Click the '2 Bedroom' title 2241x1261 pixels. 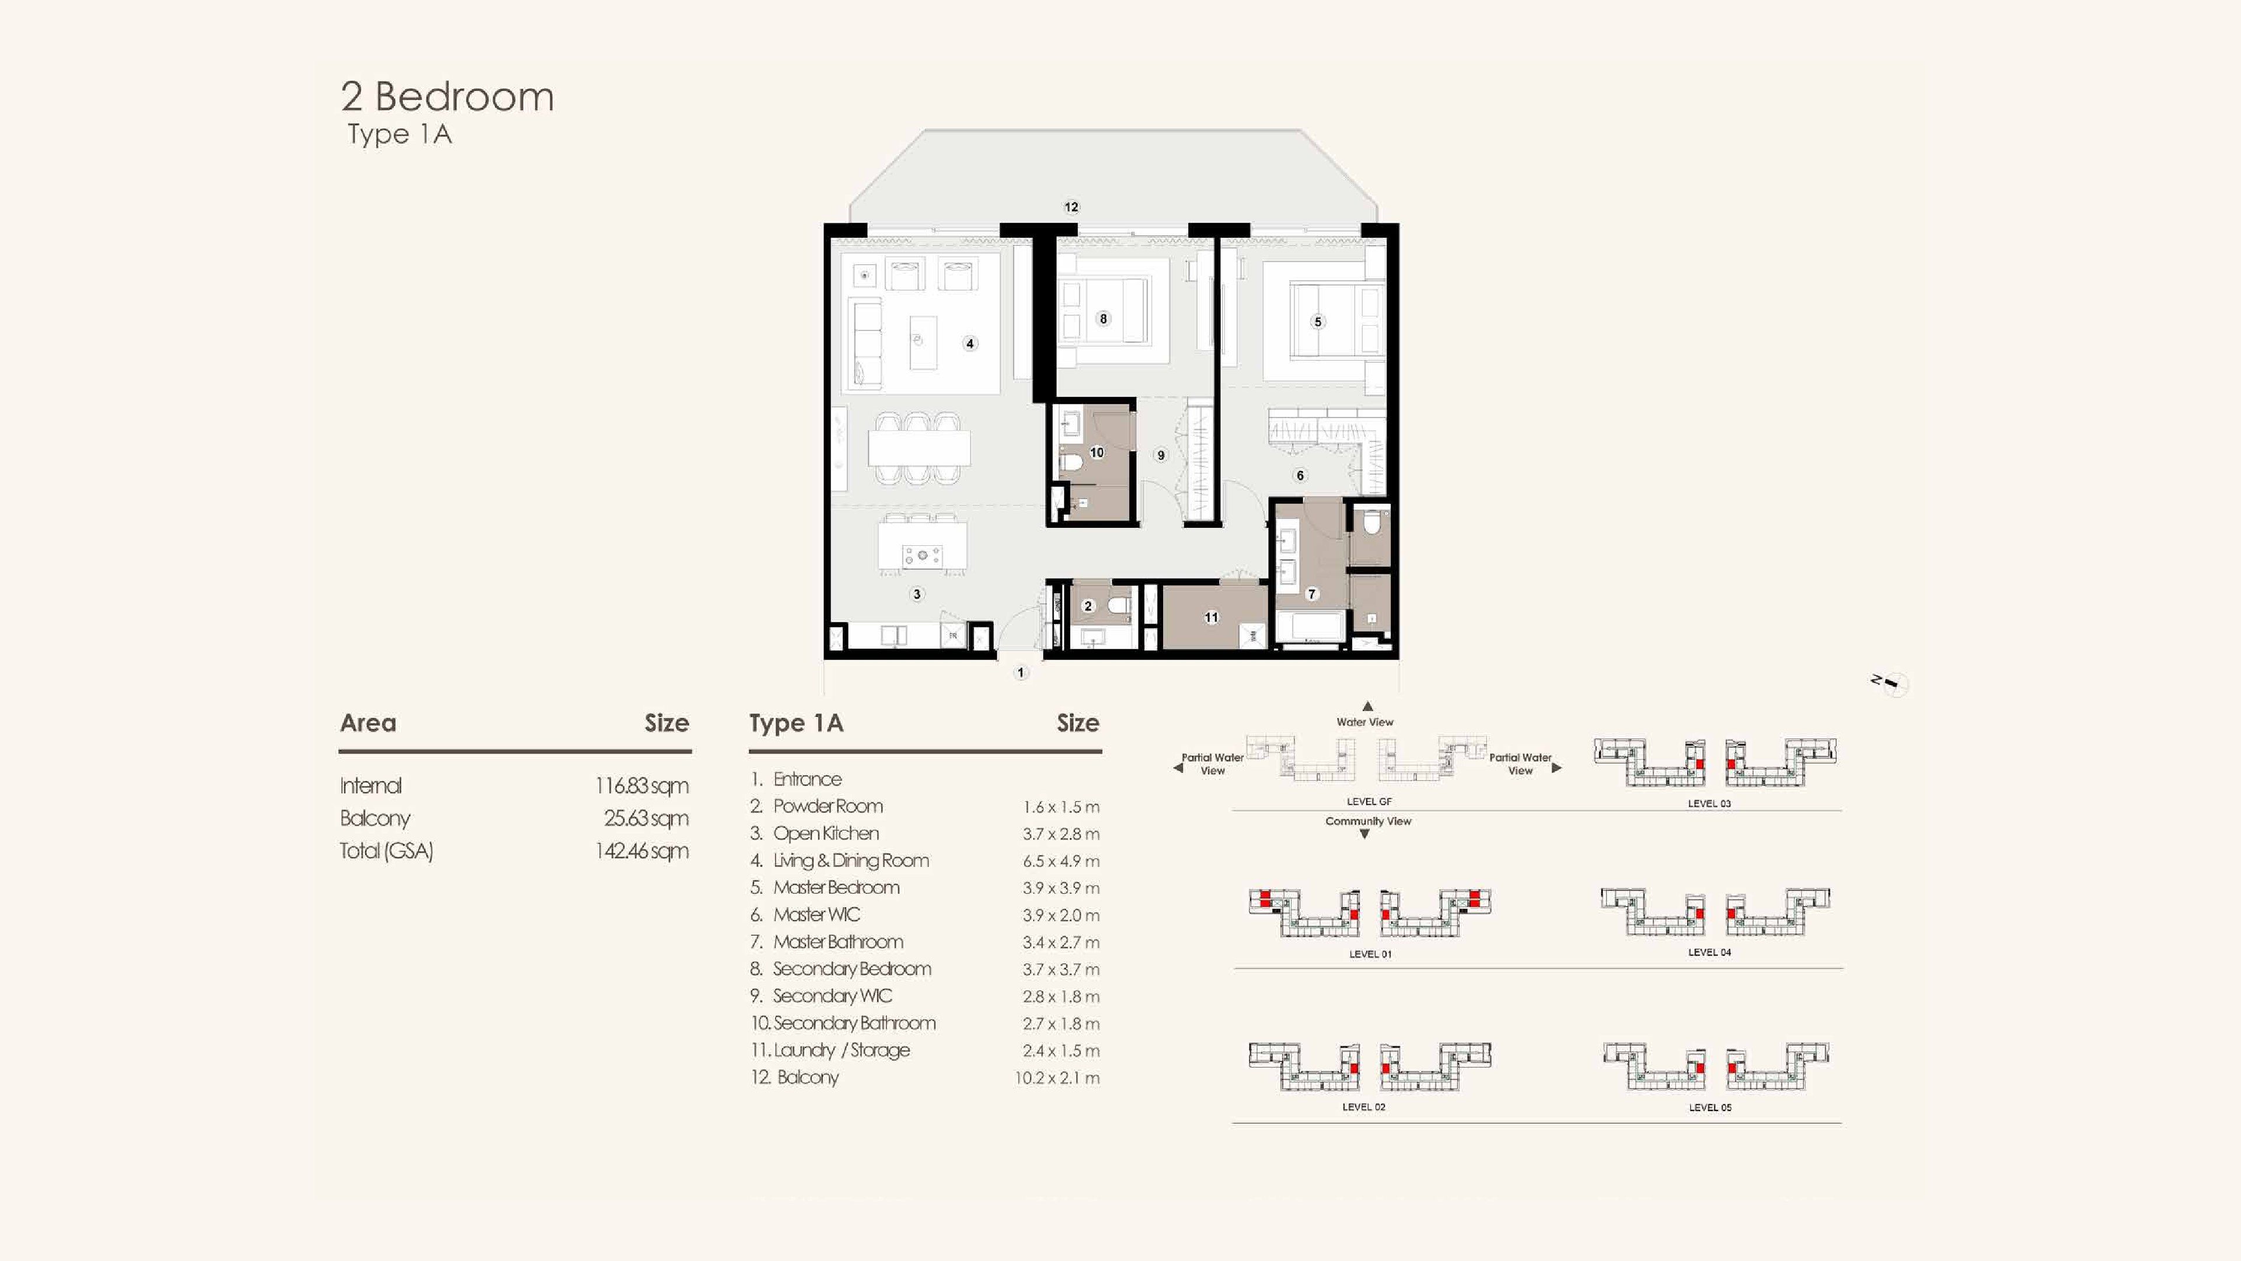click(447, 96)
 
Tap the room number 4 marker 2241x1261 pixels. click(970, 344)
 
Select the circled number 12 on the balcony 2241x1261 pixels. click(1071, 207)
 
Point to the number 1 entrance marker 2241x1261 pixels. click(1021, 672)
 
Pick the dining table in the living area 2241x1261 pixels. click(919, 449)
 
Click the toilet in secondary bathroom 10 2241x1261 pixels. click(1069, 461)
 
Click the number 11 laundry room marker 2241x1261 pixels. click(1211, 617)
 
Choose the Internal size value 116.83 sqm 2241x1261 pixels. click(642, 786)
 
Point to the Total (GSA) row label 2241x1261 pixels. click(386, 851)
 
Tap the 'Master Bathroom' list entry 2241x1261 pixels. click(838, 942)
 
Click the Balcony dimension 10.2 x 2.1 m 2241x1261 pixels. click(1057, 1077)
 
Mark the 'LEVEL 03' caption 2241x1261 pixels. click(1709, 803)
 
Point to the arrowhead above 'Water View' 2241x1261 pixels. click(1367, 706)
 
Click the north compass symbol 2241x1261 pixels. click(1891, 684)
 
